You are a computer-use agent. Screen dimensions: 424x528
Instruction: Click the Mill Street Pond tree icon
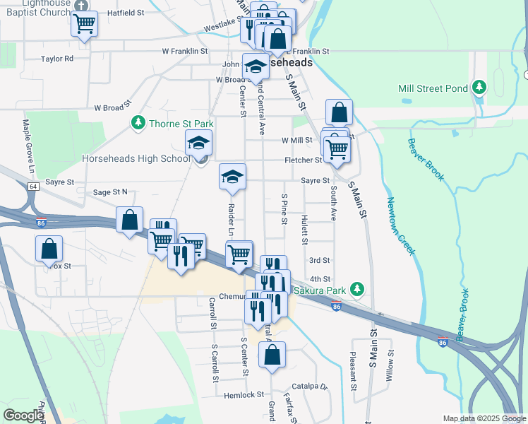click(480, 88)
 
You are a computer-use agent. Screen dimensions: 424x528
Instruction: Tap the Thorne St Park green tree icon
click(138, 124)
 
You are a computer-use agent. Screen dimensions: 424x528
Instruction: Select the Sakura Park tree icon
click(358, 290)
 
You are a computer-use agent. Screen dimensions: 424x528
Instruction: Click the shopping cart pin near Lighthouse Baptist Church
click(84, 24)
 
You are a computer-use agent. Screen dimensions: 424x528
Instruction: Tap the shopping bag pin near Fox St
click(49, 249)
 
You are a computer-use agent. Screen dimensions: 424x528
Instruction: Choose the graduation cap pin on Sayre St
click(232, 177)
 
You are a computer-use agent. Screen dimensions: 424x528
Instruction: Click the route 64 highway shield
click(33, 187)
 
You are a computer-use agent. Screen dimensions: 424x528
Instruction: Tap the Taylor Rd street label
click(57, 59)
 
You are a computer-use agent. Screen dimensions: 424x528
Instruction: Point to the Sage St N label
click(110, 192)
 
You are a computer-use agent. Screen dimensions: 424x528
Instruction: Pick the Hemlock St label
click(245, 395)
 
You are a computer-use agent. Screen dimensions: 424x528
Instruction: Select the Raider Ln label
click(231, 220)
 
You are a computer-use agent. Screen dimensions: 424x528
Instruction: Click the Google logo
click(23, 415)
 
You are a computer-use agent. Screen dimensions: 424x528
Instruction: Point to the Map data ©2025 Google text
click(484, 418)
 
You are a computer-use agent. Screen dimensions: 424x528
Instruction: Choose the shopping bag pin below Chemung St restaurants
click(272, 355)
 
